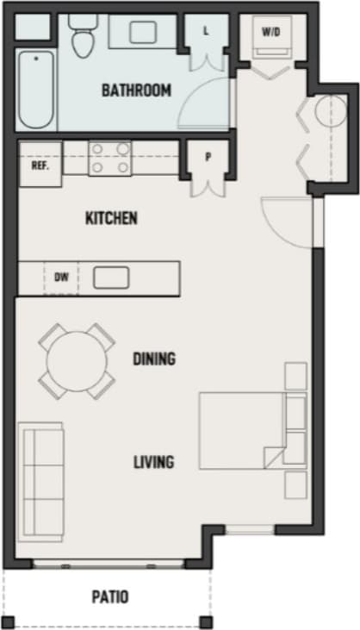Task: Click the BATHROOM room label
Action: point(136,90)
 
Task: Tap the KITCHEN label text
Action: point(111,218)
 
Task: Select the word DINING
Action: point(154,359)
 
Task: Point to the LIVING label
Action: point(153,462)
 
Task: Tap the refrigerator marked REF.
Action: point(40,165)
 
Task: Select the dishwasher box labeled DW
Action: point(61,278)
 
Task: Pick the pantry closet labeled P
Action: point(208,158)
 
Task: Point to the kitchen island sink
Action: point(111,278)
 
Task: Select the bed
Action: point(241,427)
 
